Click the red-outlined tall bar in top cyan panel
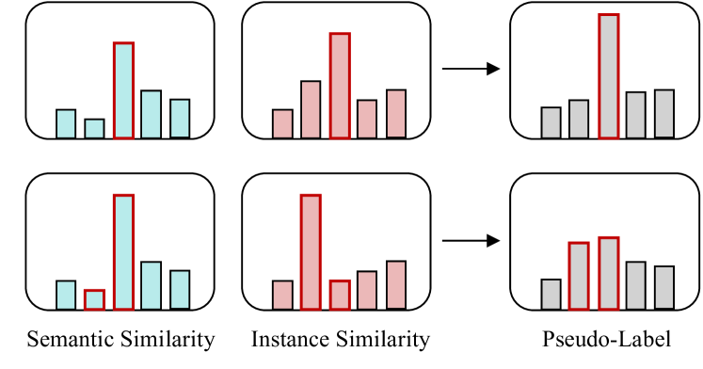coord(123,90)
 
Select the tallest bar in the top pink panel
coord(340,86)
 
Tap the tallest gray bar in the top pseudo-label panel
coord(608,76)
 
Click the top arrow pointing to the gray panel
coord(471,69)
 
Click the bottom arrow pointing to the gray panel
coord(471,241)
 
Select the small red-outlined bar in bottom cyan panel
coord(94,299)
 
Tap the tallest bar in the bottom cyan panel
coord(123,252)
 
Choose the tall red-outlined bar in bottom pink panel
coord(311,252)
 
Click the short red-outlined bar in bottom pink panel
coord(340,295)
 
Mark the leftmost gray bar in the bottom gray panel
coord(551,294)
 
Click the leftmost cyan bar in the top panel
coord(66,124)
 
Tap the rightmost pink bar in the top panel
coord(396,114)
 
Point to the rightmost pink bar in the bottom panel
coord(396,285)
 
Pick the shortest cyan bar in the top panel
coord(94,129)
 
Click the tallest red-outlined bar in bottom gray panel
coord(608,273)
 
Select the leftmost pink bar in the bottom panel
coord(282,295)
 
